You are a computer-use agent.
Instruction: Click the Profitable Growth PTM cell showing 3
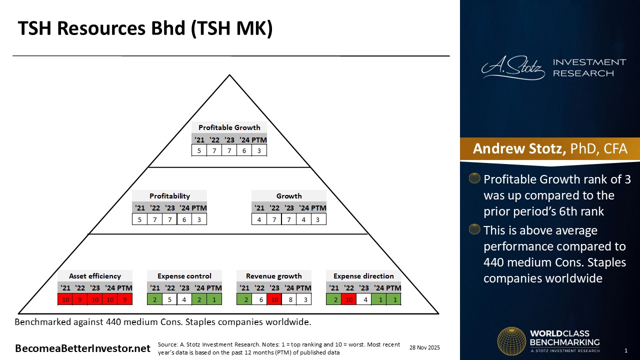point(259,150)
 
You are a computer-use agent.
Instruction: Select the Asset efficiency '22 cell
point(80,299)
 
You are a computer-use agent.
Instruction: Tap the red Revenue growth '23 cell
point(274,299)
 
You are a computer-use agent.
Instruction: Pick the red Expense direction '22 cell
point(349,299)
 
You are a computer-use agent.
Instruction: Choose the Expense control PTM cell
point(214,299)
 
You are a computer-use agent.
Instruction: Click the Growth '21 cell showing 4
point(259,219)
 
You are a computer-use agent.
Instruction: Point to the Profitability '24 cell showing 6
point(184,219)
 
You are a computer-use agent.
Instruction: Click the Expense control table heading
point(184,276)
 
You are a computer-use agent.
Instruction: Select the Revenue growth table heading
point(273,276)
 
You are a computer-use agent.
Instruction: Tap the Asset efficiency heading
point(95,276)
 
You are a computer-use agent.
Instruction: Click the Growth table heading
point(289,196)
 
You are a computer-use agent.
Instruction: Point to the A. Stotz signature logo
point(513,67)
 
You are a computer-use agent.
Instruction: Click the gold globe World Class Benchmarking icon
point(511,341)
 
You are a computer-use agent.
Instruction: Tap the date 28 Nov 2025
point(424,347)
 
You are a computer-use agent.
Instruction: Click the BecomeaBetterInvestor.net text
point(82,348)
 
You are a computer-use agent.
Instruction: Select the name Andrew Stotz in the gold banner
point(519,148)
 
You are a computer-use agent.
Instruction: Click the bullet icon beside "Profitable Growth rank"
point(474,178)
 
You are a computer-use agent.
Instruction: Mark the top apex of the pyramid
point(229,75)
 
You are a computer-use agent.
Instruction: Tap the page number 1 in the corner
point(625,350)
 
